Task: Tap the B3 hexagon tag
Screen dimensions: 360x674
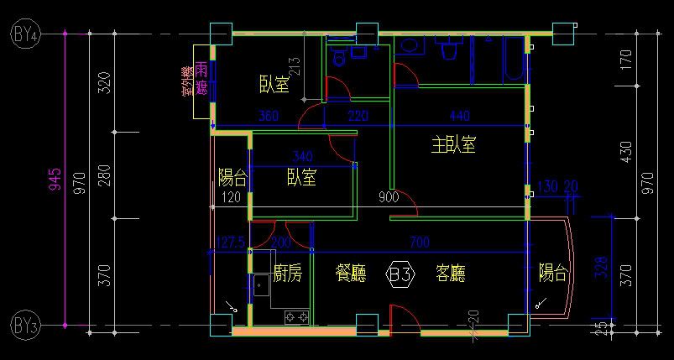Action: click(x=400, y=274)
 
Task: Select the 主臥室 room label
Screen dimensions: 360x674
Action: click(x=454, y=145)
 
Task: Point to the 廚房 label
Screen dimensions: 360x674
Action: click(x=288, y=273)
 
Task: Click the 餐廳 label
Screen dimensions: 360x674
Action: click(x=349, y=273)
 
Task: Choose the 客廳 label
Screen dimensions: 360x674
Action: click(x=451, y=273)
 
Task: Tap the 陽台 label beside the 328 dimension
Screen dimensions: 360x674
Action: click(x=553, y=272)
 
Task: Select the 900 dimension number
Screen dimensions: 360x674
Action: click(x=389, y=198)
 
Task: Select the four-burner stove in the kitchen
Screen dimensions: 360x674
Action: click(x=296, y=316)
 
